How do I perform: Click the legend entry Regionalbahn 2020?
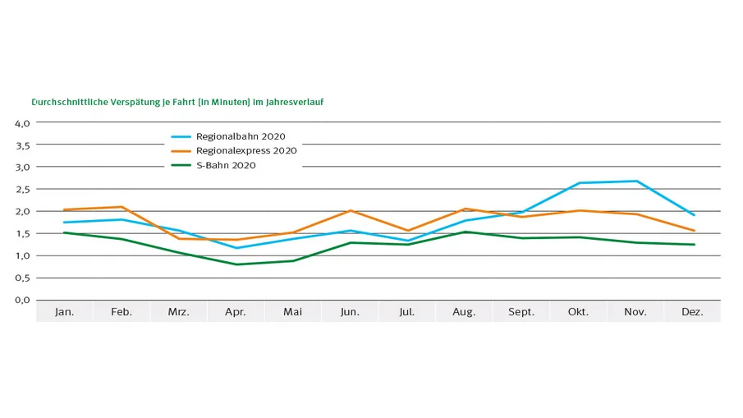coord(240,136)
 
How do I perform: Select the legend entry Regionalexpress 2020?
coord(245,150)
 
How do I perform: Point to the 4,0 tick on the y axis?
coord(22,123)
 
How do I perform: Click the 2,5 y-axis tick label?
coord(22,190)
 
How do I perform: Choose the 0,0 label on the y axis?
coord(22,300)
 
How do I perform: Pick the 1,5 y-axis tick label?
coord(22,234)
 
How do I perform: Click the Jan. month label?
coord(64,312)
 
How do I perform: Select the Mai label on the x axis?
coord(293,312)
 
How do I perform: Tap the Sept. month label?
coord(521,312)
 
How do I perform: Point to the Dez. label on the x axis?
coord(693,312)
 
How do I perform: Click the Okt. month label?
coord(579,312)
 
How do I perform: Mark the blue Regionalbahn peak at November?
coord(636,181)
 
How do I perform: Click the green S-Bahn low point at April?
coord(236,264)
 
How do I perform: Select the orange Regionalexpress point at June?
coord(351,211)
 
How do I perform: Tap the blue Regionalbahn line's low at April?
coord(236,248)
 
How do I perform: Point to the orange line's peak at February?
coord(122,207)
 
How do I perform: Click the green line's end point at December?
coord(694,245)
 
